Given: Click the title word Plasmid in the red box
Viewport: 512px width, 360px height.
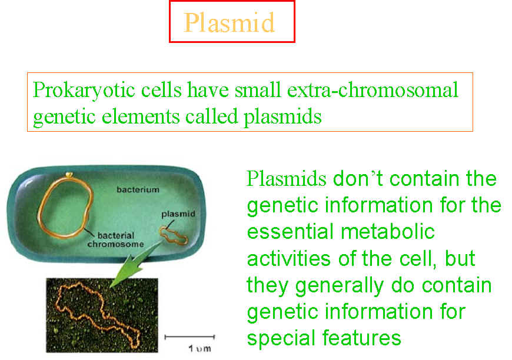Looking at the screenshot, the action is tap(229, 22).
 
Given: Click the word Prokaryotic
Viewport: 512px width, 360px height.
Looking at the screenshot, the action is tap(84, 91).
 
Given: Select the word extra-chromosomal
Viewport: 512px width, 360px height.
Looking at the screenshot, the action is tap(373, 90).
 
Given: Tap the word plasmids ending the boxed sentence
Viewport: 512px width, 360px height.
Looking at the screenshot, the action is tap(282, 117).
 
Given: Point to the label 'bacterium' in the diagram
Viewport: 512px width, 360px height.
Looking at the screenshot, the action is tap(138, 189).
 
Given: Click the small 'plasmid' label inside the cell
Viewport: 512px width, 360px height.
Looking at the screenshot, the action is tap(178, 214).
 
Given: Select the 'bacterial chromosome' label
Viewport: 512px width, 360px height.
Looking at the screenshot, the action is tap(115, 239).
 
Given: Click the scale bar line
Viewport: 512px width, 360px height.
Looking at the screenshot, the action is tap(189, 337).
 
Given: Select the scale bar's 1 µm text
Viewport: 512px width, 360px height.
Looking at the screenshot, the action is tap(200, 349).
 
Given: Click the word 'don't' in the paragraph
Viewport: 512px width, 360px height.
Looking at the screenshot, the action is tap(358, 179).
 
